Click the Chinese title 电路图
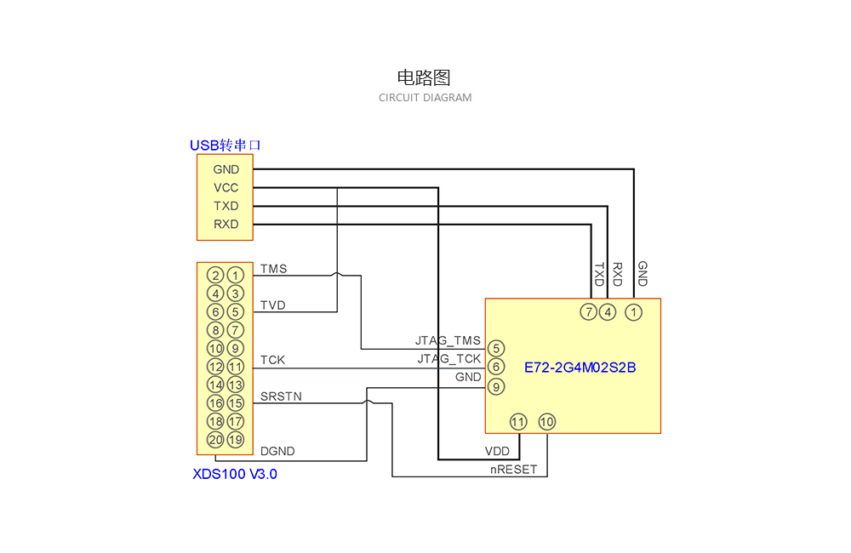click(424, 77)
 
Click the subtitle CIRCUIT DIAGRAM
click(425, 98)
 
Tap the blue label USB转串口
click(225, 145)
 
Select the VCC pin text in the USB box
click(226, 188)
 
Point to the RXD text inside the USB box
click(226, 225)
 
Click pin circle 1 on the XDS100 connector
click(236, 275)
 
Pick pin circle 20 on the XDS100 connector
click(215, 440)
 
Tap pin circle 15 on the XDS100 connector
click(236, 403)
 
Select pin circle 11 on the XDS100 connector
click(236, 367)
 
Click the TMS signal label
click(273, 269)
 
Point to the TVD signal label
click(272, 305)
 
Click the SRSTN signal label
click(281, 396)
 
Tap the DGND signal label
click(277, 452)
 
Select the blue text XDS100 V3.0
click(235, 474)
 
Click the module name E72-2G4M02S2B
click(580, 368)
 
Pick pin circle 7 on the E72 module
click(588, 312)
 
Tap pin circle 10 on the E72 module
click(546, 421)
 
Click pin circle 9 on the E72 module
click(496, 386)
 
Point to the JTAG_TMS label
click(448, 340)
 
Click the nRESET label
click(513, 469)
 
